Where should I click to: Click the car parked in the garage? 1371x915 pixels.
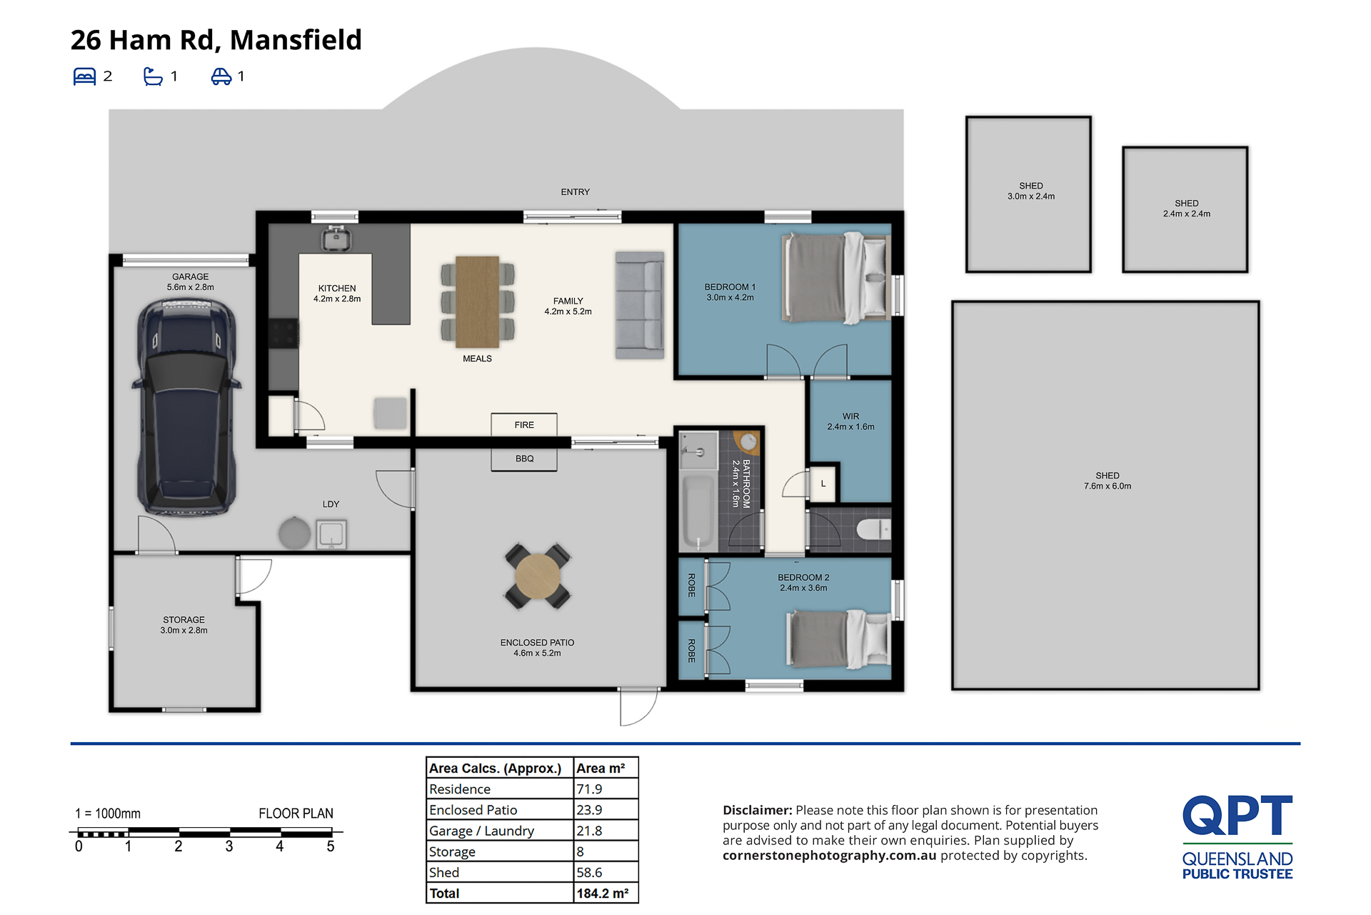click(x=186, y=406)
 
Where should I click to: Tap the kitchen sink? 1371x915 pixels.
click(x=336, y=238)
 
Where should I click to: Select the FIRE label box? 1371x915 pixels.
click(x=524, y=424)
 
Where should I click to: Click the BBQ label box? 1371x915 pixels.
click(x=524, y=459)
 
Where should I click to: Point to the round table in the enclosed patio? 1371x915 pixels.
click(x=538, y=576)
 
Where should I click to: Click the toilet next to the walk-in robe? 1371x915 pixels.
click(x=873, y=529)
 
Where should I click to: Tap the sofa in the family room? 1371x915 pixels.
click(x=640, y=305)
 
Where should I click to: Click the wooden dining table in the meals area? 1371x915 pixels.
click(x=478, y=301)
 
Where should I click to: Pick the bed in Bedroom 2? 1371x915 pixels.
click(x=838, y=639)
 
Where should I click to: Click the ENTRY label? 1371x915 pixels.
click(x=576, y=192)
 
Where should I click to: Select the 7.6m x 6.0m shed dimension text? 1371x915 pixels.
click(x=1108, y=486)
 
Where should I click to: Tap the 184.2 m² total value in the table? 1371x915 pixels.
click(x=603, y=894)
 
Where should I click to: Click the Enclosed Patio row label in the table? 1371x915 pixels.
click(x=473, y=810)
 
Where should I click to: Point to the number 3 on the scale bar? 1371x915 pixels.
click(x=229, y=846)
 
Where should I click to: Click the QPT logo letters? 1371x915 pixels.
click(x=1237, y=816)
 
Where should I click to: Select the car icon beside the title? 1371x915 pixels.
click(x=221, y=76)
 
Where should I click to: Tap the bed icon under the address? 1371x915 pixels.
click(x=84, y=76)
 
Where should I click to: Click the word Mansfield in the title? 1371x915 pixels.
click(x=296, y=40)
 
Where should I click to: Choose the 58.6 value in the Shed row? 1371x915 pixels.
click(x=589, y=873)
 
